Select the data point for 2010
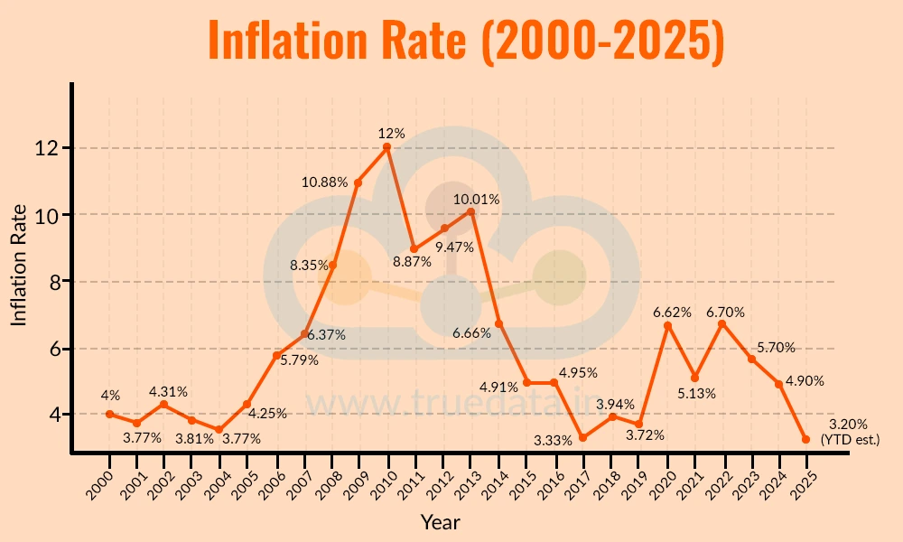coord(386,146)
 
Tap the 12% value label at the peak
coord(391,133)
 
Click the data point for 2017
coord(582,437)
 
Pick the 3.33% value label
coord(554,440)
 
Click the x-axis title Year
coord(440,522)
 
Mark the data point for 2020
coord(666,325)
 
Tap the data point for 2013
coord(470,211)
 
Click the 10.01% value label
coord(475,199)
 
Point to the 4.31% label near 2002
coord(169,392)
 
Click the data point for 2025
coord(805,439)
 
